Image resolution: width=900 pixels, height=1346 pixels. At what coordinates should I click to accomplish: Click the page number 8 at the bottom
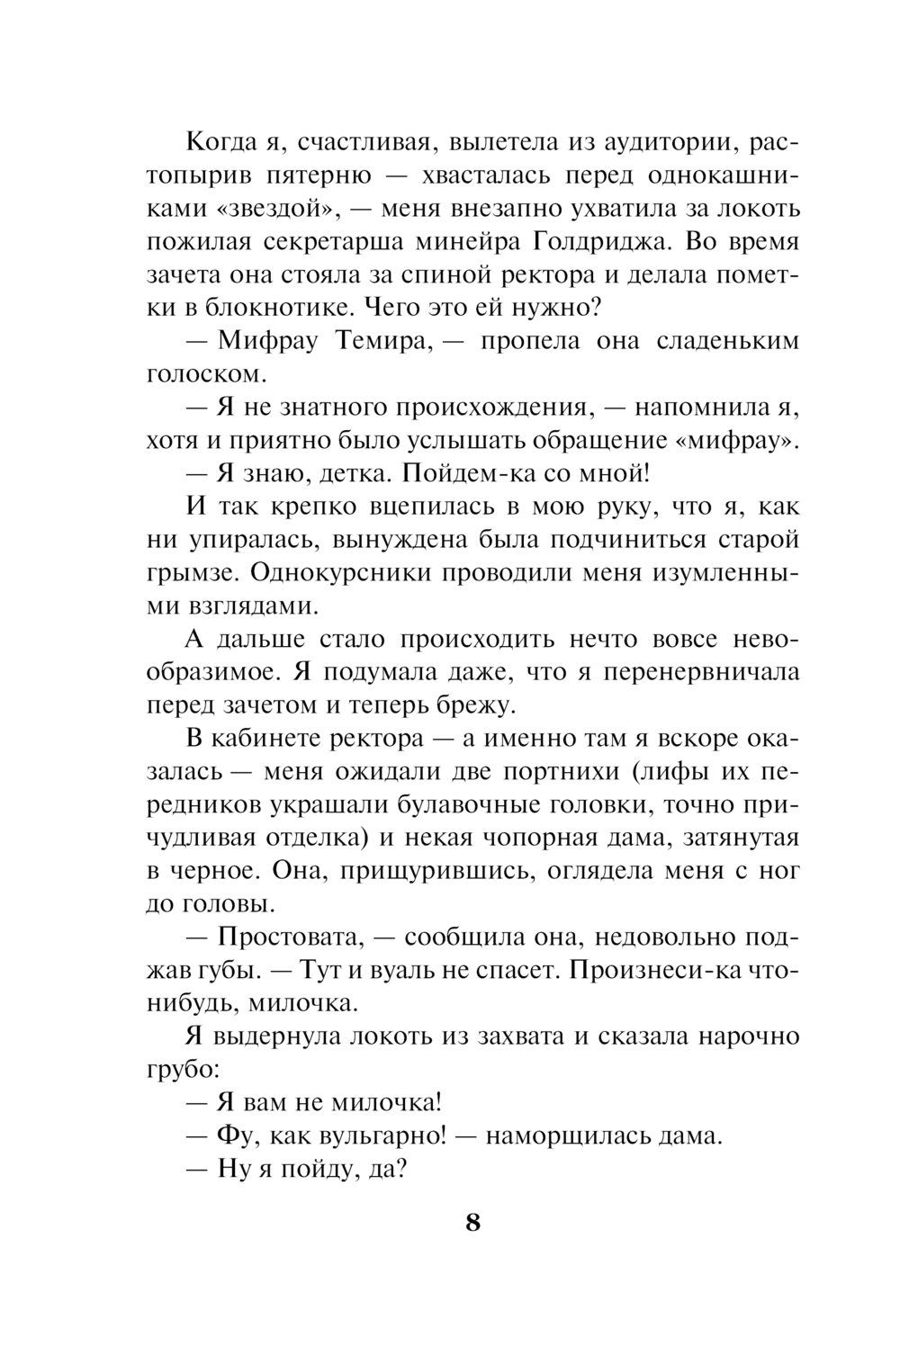(473, 1224)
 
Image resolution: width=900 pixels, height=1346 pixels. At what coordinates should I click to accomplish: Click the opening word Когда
(223, 142)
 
